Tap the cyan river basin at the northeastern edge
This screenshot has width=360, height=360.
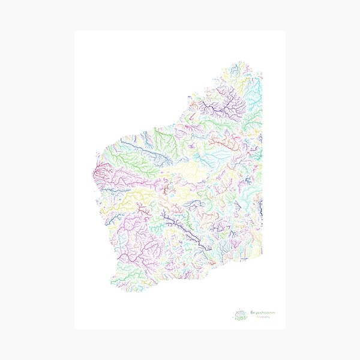tap(254, 90)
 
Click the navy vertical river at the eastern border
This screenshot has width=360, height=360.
tap(260, 207)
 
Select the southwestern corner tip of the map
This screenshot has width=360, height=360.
tap(113, 283)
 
